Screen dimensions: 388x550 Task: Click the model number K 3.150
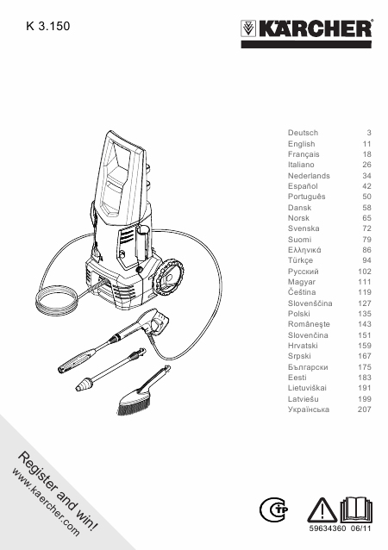(x=48, y=26)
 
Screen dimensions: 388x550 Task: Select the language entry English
(x=302, y=144)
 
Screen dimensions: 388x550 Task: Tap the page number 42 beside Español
(x=366, y=186)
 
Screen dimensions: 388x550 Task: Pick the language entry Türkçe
(x=300, y=260)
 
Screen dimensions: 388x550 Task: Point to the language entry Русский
(x=304, y=272)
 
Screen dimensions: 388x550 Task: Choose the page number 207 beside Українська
(x=365, y=409)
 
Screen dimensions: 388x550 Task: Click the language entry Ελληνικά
(x=304, y=250)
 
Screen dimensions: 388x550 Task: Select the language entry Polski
(x=299, y=314)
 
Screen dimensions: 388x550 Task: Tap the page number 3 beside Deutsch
(x=369, y=133)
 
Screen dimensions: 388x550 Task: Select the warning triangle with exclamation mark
(x=322, y=510)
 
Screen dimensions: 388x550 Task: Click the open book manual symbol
(x=356, y=509)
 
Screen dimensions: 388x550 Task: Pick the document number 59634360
(x=328, y=528)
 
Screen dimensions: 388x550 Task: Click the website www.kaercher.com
(x=46, y=503)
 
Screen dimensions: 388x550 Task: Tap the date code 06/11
(x=360, y=528)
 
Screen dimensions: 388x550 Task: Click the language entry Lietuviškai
(x=307, y=388)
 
